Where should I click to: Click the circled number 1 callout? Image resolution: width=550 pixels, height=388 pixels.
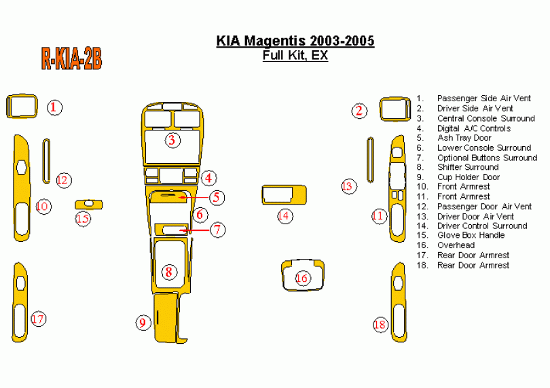55,107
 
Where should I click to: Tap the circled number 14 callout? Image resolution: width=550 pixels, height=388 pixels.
284,216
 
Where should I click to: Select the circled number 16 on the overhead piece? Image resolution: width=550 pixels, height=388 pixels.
302,278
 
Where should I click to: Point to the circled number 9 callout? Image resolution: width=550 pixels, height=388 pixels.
143,322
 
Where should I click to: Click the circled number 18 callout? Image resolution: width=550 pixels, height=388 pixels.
380,325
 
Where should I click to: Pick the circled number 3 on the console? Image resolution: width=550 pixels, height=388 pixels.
172,141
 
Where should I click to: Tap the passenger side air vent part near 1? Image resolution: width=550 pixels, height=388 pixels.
21,107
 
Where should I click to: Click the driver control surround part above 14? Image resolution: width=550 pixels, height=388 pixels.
284,194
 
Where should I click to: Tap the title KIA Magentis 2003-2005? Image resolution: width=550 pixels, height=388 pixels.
295,41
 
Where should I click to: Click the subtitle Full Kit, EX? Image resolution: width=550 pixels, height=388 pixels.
295,56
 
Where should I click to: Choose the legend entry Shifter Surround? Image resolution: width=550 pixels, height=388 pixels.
467,167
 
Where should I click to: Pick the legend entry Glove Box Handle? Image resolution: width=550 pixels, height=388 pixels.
471,235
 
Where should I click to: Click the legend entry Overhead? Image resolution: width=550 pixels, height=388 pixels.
456,245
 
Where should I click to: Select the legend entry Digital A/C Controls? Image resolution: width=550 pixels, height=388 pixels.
473,128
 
